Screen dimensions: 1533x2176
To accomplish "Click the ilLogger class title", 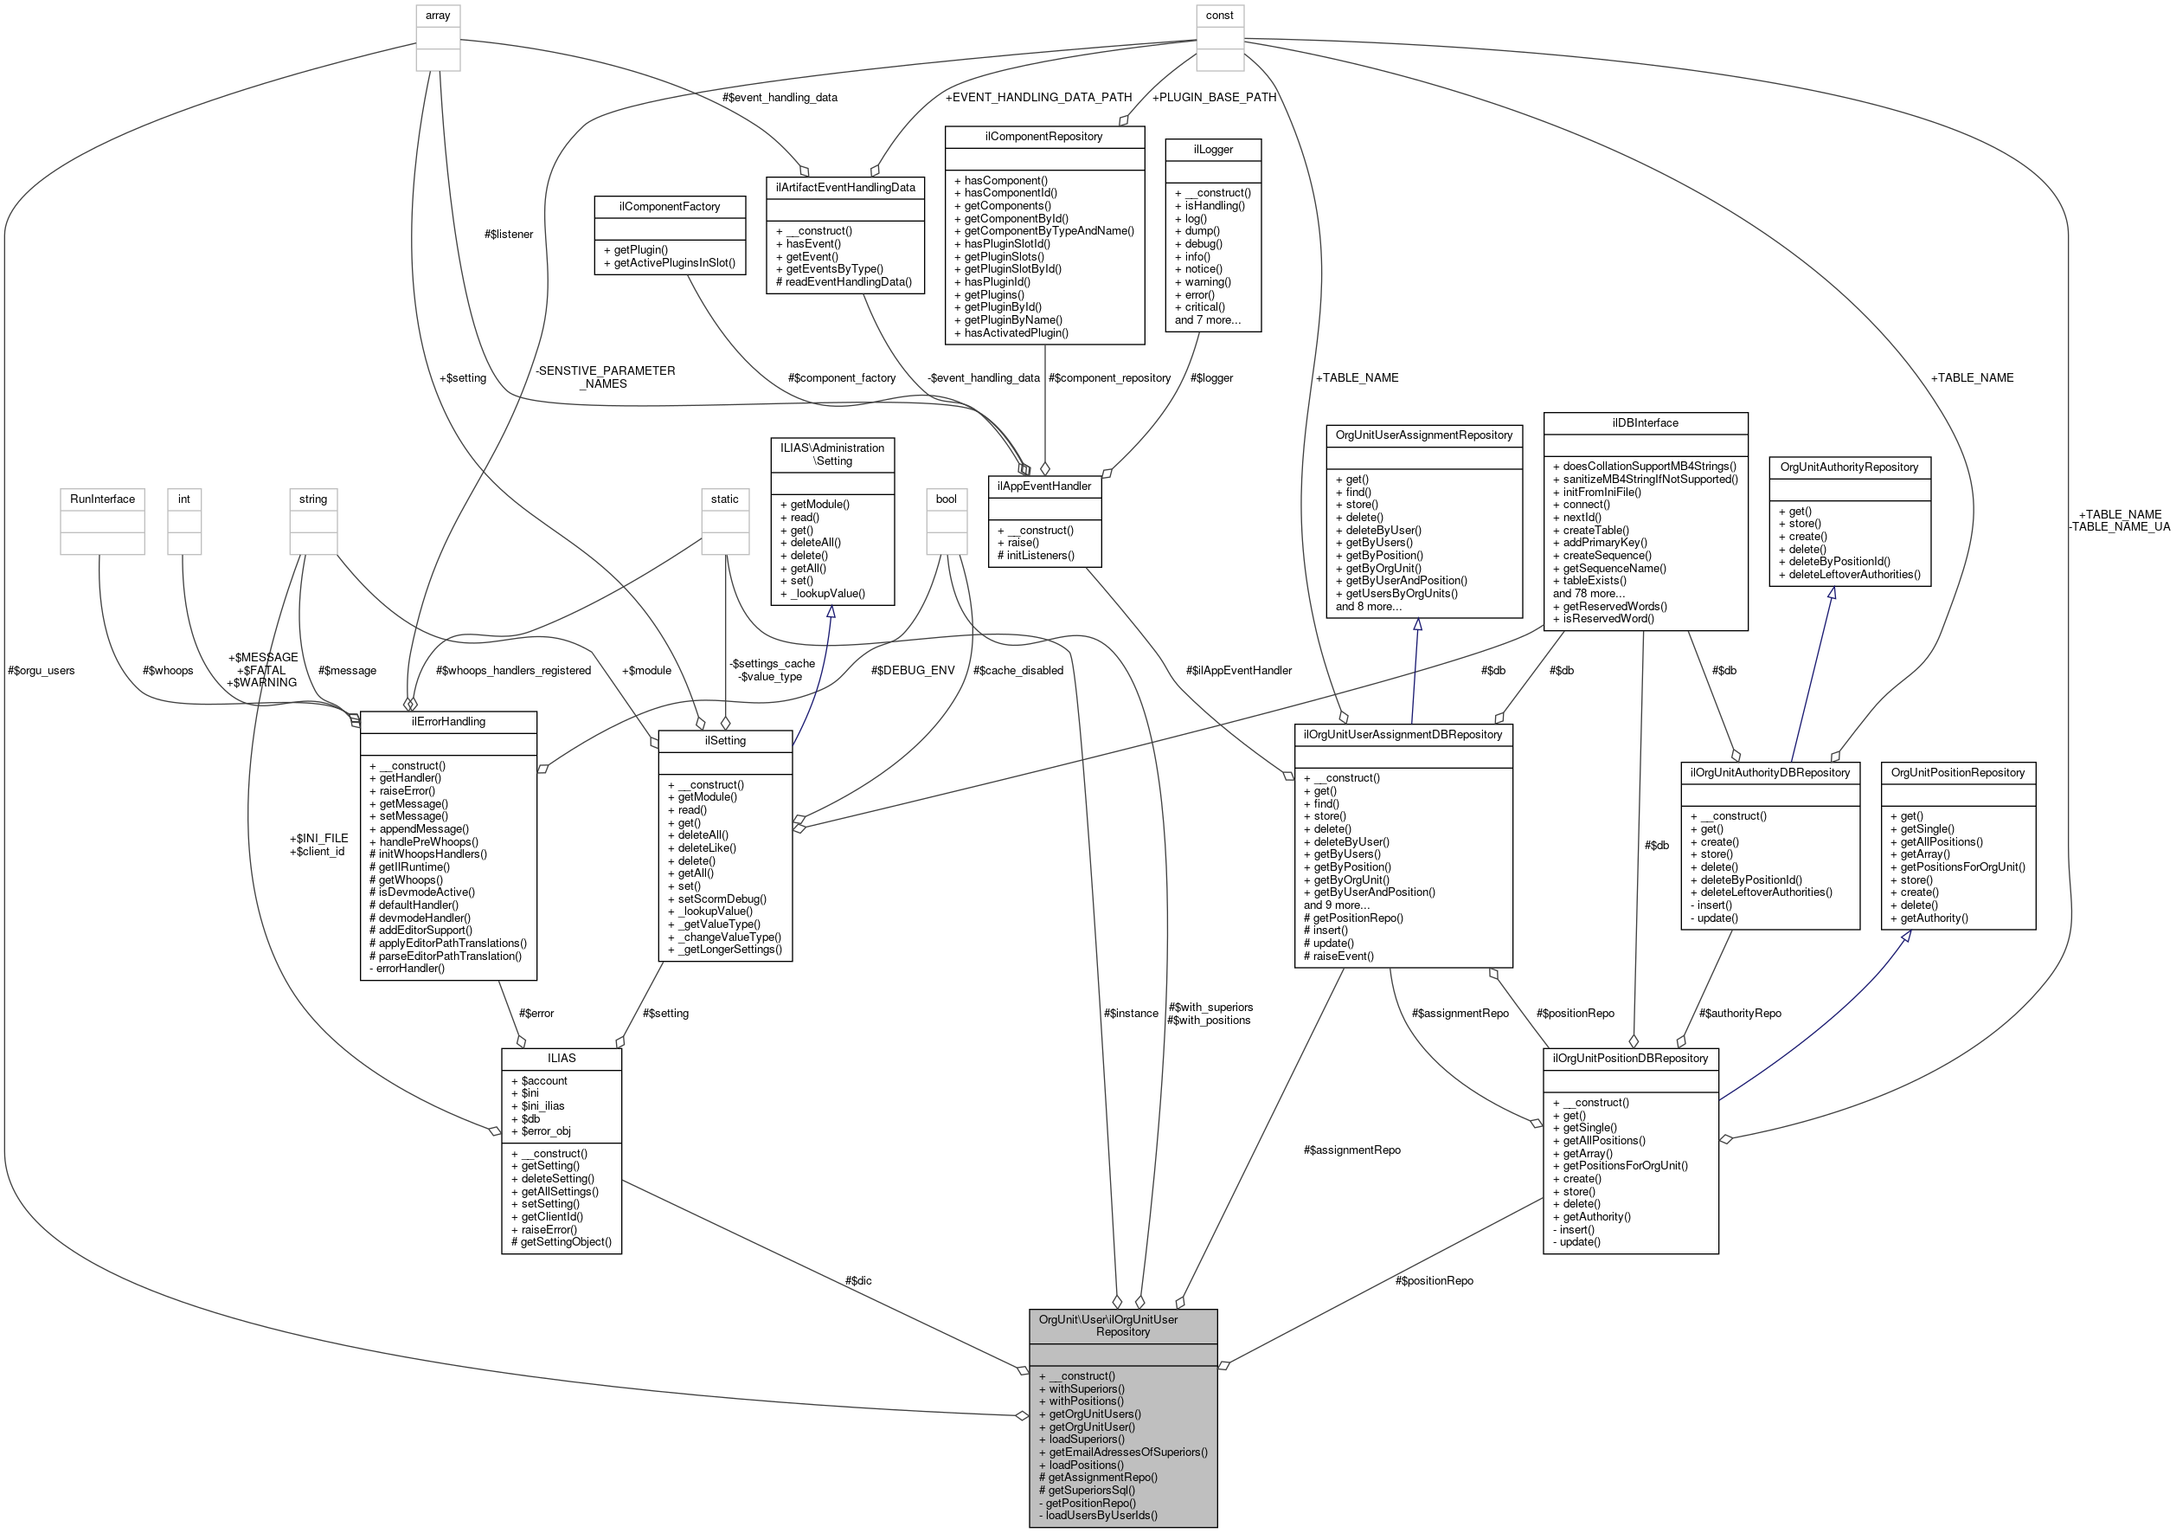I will tap(1212, 150).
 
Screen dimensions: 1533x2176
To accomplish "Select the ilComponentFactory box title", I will tap(669, 207).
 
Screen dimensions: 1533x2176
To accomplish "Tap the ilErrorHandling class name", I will tap(448, 721).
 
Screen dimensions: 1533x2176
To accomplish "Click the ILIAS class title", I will tap(561, 1058).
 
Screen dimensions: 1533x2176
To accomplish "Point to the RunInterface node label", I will tap(102, 499).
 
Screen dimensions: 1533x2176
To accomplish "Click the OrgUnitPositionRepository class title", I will tap(1957, 773).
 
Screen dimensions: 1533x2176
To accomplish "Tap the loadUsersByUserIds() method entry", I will tap(1101, 1515).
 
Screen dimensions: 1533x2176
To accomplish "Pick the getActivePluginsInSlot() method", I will tap(674, 262).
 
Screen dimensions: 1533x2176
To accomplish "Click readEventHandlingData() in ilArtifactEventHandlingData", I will tap(844, 281).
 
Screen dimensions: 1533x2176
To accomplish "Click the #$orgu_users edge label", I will tap(41, 670).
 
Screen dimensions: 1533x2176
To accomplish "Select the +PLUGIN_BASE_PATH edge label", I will tap(1214, 97).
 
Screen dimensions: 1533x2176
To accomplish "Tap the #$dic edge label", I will tap(857, 1281).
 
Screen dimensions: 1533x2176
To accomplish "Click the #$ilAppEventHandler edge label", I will tap(1238, 670).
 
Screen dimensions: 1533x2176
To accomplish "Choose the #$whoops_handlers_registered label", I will tap(513, 670).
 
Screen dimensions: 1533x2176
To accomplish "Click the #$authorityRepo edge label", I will tap(1739, 1014).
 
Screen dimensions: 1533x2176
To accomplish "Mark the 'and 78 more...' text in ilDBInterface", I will tap(1589, 594).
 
